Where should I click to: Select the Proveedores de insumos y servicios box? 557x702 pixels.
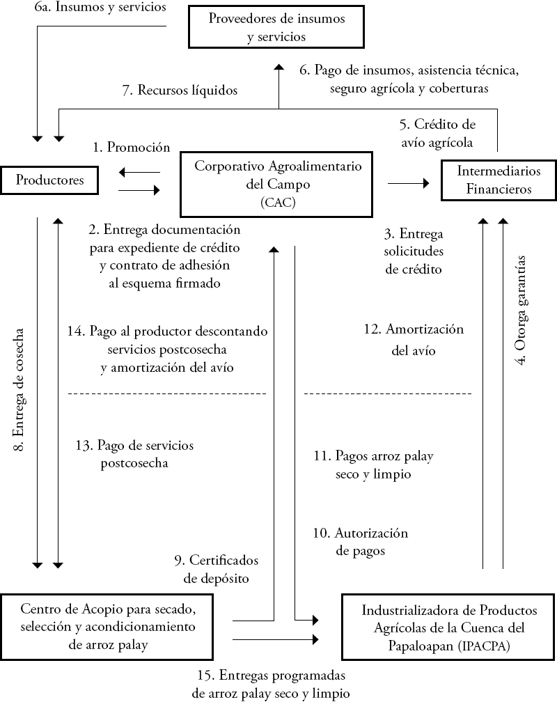[276, 27]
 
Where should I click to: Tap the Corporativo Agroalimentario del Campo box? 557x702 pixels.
[278, 184]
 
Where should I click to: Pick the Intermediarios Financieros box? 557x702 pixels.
[499, 180]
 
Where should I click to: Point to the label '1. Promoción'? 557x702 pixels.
[132, 147]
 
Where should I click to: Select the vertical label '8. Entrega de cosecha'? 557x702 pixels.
[21, 390]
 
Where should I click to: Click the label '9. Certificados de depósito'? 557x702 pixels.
[217, 568]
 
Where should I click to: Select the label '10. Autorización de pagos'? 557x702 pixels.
[360, 542]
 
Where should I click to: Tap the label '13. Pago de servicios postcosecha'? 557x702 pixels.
[135, 453]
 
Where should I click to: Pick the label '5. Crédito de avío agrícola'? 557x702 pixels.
[437, 134]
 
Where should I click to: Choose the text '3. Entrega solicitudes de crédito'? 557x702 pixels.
[414, 251]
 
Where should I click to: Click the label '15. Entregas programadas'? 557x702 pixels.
[272, 676]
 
